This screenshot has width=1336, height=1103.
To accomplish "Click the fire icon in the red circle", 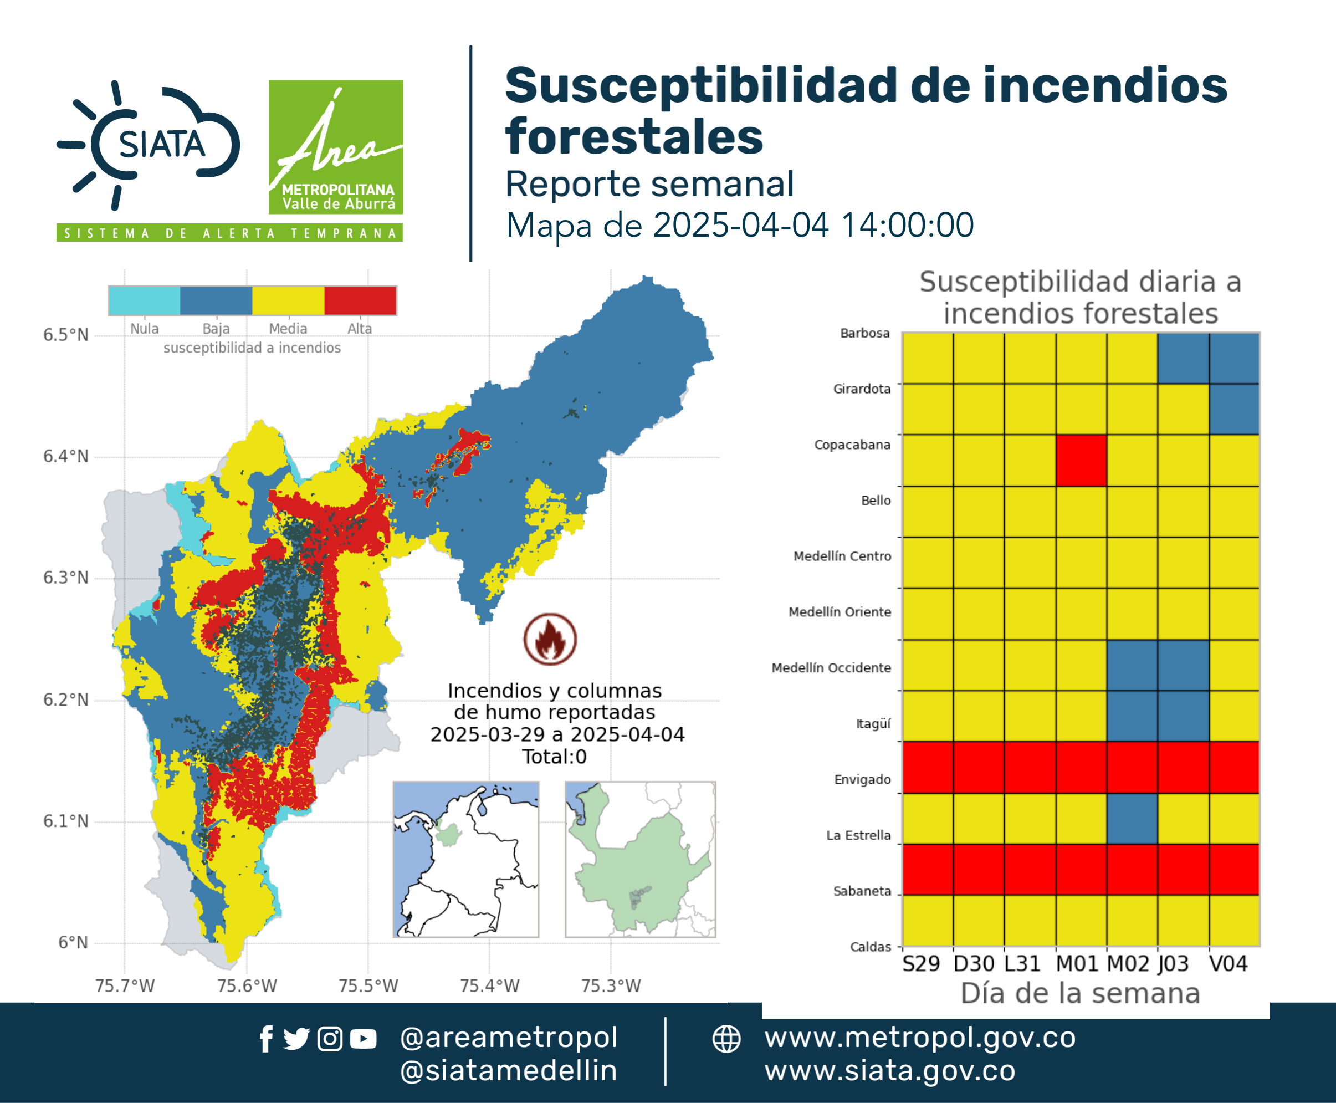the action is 550,639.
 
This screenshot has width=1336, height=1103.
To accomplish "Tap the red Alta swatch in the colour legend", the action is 360,300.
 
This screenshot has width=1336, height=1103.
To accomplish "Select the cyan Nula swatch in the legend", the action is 144,300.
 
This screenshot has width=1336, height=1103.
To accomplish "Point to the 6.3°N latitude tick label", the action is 65,578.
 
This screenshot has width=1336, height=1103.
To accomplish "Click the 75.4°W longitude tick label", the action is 490,985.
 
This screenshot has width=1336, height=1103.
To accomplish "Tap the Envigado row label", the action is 862,780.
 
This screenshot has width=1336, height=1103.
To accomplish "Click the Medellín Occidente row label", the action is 831,668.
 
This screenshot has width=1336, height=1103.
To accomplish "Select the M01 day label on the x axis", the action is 1077,964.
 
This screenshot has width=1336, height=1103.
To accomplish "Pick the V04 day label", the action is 1228,964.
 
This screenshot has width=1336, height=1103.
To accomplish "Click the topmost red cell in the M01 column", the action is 1081,460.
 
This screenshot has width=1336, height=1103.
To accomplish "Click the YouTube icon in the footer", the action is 363,1039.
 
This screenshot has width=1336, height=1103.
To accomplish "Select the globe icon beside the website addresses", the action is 726,1039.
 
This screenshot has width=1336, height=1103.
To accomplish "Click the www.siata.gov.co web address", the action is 889,1071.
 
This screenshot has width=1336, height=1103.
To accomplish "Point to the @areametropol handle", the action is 509,1038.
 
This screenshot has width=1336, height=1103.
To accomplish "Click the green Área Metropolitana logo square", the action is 335,147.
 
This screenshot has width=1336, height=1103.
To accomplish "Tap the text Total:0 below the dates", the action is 555,757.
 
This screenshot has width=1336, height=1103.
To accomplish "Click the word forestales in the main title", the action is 634,136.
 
